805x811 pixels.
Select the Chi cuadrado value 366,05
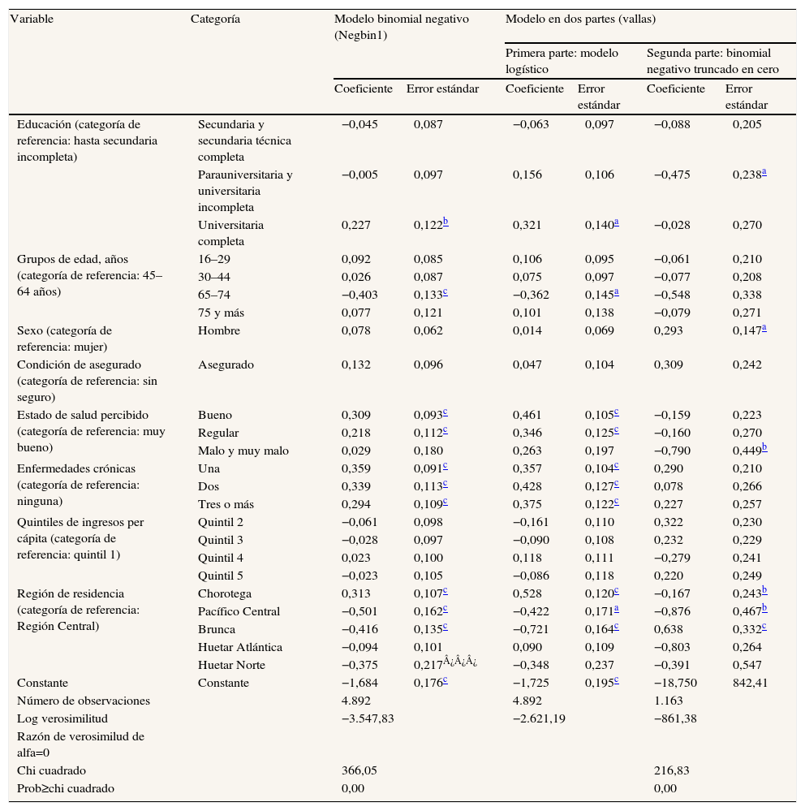pyautogui.click(x=359, y=770)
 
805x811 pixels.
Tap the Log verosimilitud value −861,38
pyautogui.click(x=675, y=718)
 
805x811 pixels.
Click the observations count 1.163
pyautogui.click(x=669, y=701)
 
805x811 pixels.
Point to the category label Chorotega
pyautogui.click(x=225, y=593)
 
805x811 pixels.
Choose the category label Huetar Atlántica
pyautogui.click(x=240, y=647)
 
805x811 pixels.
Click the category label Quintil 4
pyautogui.click(x=222, y=558)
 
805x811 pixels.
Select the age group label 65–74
pyautogui.click(x=213, y=295)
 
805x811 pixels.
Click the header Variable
pyautogui.click(x=32, y=18)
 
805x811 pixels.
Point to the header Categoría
pyautogui.click(x=215, y=18)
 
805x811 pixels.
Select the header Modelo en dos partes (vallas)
pyautogui.click(x=580, y=18)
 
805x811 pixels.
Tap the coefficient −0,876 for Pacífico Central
pyautogui.click(x=672, y=611)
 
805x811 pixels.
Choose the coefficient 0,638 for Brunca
pyautogui.click(x=668, y=629)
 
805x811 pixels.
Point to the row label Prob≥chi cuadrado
pyautogui.click(x=66, y=788)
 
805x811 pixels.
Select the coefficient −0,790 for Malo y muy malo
pyautogui.click(x=672, y=451)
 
